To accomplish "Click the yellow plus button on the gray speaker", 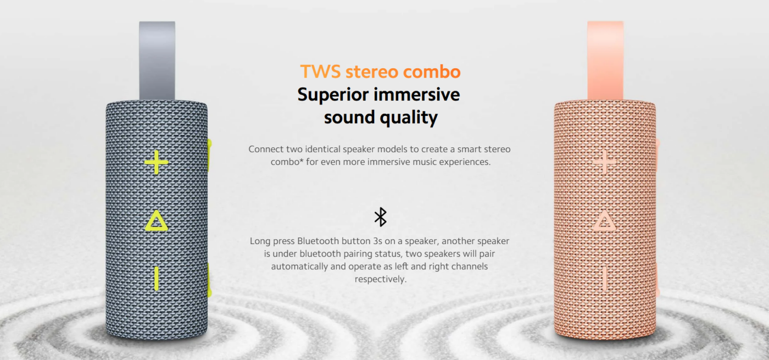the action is tap(157, 162).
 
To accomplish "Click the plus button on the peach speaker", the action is tap(605, 162).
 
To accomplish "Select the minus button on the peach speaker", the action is tap(605, 278).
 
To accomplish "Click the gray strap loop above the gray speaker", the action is tap(157, 60).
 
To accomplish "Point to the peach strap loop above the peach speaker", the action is tap(605, 60).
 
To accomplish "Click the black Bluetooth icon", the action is tap(380, 217).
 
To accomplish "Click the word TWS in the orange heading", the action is tap(321, 71).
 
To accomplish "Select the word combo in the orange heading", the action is tap(432, 71).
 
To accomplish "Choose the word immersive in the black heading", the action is tap(417, 95).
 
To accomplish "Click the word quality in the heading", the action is tap(409, 118).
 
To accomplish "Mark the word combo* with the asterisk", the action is tap(287, 162).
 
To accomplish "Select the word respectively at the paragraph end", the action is tap(380, 279).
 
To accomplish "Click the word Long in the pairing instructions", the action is tap(260, 241).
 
